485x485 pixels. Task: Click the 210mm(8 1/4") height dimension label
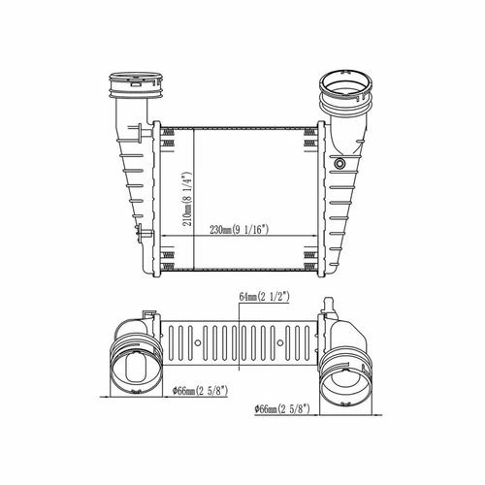click(x=187, y=200)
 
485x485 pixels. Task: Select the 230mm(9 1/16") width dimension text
click(x=240, y=230)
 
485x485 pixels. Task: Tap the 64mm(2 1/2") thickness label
click(x=264, y=296)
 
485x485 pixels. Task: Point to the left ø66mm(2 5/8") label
click(x=201, y=391)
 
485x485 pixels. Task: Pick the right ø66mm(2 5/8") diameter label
click(x=282, y=409)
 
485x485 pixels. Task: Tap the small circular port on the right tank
click(x=339, y=163)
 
